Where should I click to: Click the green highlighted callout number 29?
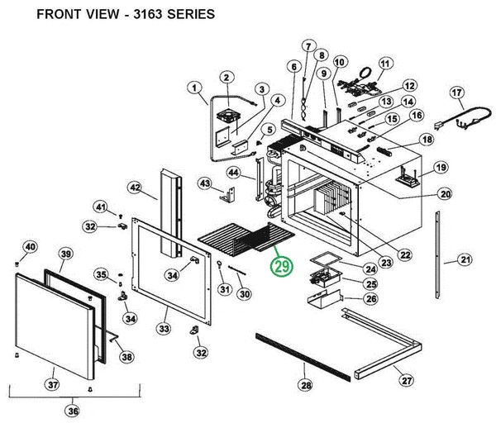tap(282, 268)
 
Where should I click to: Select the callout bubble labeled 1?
tap(194, 88)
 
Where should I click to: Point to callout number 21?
tap(465, 260)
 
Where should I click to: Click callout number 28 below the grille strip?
tap(305, 386)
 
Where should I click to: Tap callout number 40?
tap(29, 247)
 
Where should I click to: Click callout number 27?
tap(406, 381)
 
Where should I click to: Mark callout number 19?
tap(441, 168)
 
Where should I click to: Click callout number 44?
tap(234, 173)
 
